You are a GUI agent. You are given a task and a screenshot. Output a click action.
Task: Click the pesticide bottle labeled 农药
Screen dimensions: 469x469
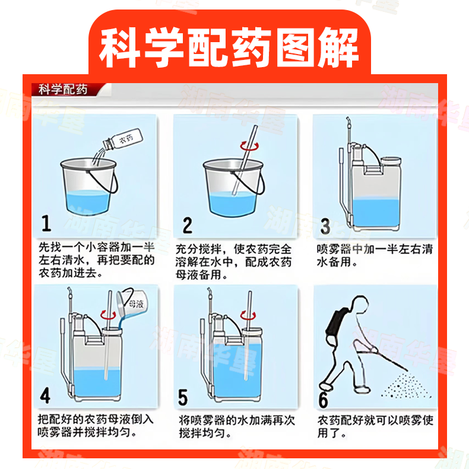pos(123,139)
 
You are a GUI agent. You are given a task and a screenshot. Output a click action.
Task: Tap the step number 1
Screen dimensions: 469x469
pos(46,223)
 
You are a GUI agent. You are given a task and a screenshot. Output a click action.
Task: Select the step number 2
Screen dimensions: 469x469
pos(187,225)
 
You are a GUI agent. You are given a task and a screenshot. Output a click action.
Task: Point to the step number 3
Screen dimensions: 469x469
pos(325,226)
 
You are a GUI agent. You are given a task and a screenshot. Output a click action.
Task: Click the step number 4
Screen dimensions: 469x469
pos(45,395)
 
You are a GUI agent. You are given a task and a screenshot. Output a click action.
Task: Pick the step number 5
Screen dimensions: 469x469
pos(182,397)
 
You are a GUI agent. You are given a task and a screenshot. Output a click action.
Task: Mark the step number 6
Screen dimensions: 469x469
pos(324,400)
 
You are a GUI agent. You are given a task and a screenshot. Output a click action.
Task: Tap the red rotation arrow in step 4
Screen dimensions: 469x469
pos(108,315)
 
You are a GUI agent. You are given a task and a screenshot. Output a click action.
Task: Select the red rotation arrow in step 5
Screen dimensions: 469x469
pos(248,316)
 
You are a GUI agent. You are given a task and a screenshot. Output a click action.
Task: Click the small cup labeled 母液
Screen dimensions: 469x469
pos(132,302)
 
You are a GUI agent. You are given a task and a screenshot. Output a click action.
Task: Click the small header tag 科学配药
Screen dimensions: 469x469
pos(63,90)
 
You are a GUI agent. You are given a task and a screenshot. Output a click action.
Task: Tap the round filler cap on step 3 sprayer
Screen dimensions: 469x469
pos(391,161)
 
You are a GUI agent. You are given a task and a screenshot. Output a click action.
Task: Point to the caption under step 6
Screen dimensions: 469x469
pos(375,426)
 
